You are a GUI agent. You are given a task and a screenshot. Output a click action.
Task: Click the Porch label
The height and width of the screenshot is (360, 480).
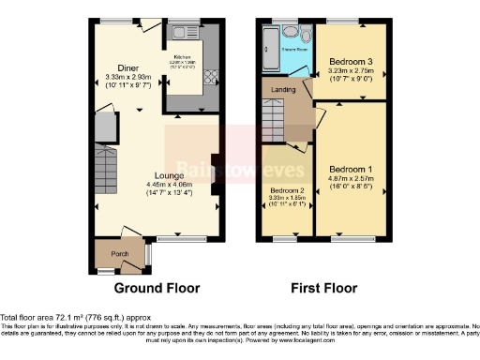click(120, 254)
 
